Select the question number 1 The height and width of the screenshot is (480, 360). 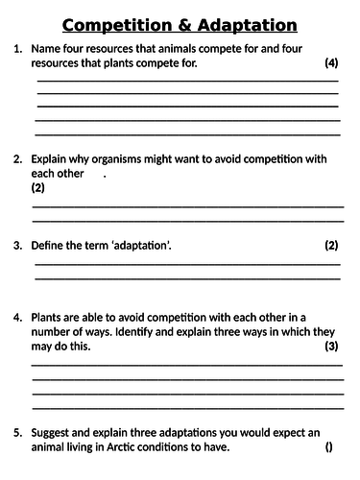(x=17, y=48)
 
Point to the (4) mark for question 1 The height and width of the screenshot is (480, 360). (x=332, y=63)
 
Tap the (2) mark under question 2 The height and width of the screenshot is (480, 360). (x=38, y=189)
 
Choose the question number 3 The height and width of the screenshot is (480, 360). (x=17, y=246)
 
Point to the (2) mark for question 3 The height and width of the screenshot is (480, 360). (x=332, y=246)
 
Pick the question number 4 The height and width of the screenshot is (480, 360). (x=17, y=316)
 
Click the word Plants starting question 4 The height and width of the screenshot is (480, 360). (x=48, y=316)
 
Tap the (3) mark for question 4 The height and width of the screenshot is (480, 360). (x=332, y=346)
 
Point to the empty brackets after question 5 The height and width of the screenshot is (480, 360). (x=329, y=447)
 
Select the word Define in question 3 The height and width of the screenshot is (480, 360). (x=51, y=246)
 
